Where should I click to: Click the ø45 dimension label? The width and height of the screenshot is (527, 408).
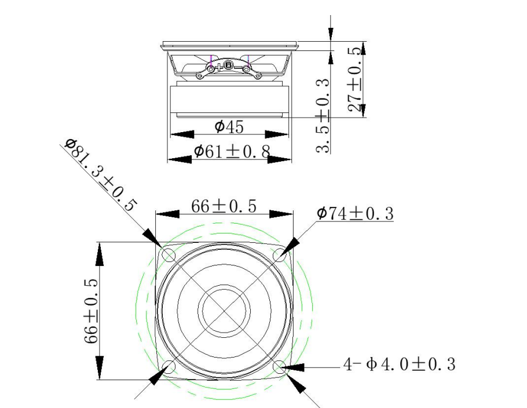(x=229, y=127)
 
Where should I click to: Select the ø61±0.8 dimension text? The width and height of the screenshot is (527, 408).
(x=232, y=151)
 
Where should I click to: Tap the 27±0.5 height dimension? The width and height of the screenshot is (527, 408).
(x=355, y=79)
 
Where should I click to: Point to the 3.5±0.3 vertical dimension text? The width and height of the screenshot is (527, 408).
(x=323, y=116)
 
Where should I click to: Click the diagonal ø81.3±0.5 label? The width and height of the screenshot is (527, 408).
(x=101, y=175)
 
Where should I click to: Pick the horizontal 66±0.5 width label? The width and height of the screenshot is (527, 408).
(x=224, y=206)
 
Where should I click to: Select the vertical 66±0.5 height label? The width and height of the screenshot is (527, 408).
(x=91, y=311)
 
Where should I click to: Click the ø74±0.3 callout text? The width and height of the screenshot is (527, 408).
(x=355, y=213)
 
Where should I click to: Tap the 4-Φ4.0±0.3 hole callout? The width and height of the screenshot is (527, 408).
(x=399, y=365)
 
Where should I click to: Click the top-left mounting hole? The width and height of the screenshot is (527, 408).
(x=169, y=254)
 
